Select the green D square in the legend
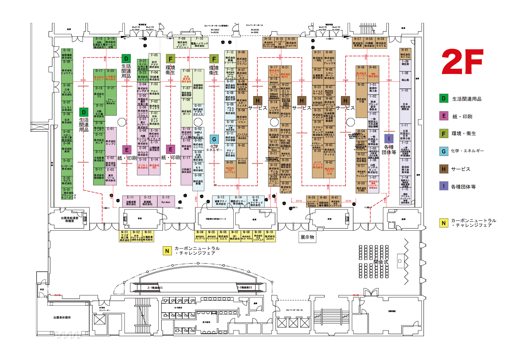[443, 98]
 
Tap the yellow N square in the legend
[443, 223]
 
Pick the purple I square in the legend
[443, 186]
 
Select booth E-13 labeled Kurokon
[166, 201]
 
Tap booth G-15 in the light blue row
[255, 201]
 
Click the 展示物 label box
[307, 237]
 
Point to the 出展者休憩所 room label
[62, 318]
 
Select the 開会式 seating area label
[381, 262]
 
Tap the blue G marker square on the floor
[214, 139]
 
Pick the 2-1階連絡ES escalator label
[155, 288]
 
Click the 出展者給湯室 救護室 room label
[70, 219]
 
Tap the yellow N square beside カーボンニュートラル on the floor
[167, 251]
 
